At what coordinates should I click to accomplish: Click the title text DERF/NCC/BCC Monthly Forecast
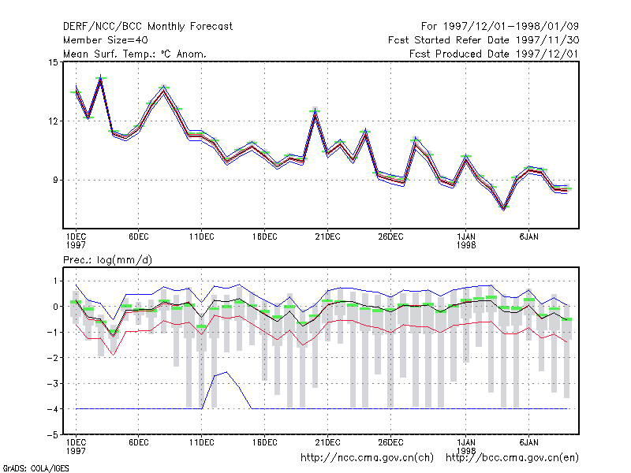(x=147, y=27)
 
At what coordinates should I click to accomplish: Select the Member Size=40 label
(x=106, y=40)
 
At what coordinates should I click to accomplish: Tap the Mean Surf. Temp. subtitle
(x=135, y=54)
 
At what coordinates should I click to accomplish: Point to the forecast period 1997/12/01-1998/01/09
(x=500, y=27)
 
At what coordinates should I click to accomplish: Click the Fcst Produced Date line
(x=494, y=54)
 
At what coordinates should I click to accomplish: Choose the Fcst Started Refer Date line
(x=484, y=40)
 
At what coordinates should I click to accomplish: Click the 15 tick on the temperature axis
(x=53, y=62)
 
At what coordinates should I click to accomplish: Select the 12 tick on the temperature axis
(x=53, y=121)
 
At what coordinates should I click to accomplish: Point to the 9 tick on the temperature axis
(x=55, y=181)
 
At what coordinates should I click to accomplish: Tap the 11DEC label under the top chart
(x=202, y=236)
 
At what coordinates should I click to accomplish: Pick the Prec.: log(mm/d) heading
(x=107, y=260)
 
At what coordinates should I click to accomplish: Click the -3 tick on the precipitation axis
(x=53, y=383)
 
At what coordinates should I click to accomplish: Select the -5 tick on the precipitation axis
(x=53, y=435)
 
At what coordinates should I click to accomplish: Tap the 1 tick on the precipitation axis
(x=55, y=281)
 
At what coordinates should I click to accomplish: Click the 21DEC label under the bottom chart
(x=327, y=442)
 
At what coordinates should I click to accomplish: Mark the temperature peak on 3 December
(x=101, y=77)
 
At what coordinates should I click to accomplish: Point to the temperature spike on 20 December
(x=315, y=111)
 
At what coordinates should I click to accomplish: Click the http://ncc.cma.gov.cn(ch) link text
(x=367, y=458)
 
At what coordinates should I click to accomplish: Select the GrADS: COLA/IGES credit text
(x=36, y=468)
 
